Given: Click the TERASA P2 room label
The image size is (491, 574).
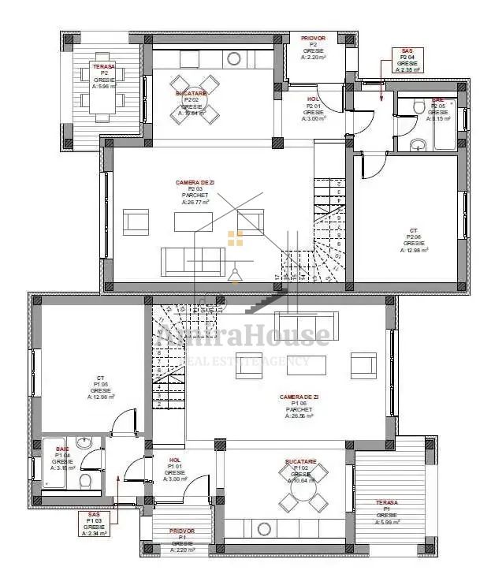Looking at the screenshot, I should [103, 76].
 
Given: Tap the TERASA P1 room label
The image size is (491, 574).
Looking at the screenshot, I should [386, 512].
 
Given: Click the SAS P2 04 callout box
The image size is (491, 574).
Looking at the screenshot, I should [407, 60].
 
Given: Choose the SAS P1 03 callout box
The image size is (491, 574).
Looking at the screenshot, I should [94, 524].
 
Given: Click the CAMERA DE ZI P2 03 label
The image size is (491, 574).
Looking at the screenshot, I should [195, 192].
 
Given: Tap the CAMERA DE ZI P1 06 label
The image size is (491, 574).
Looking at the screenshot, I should [299, 406].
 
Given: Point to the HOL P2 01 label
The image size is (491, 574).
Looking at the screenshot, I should [314, 106].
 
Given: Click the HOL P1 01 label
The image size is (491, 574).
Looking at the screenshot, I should [175, 469].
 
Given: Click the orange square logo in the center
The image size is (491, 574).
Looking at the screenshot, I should [235, 238].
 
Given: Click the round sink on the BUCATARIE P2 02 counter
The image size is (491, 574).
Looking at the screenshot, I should [233, 59].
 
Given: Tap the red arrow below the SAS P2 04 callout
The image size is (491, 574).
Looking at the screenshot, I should [381, 91].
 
